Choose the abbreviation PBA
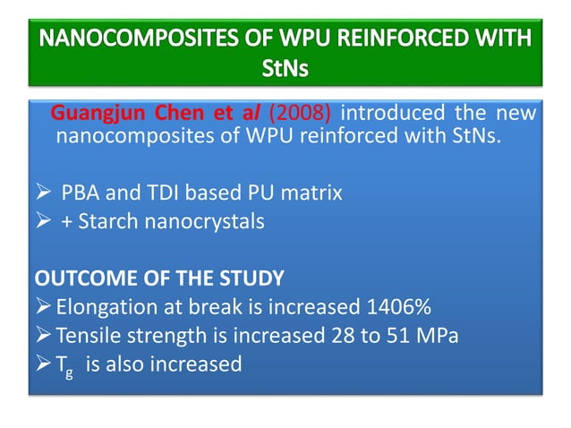click(x=83, y=192)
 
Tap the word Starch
click(x=108, y=221)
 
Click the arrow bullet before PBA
click(x=40, y=193)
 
